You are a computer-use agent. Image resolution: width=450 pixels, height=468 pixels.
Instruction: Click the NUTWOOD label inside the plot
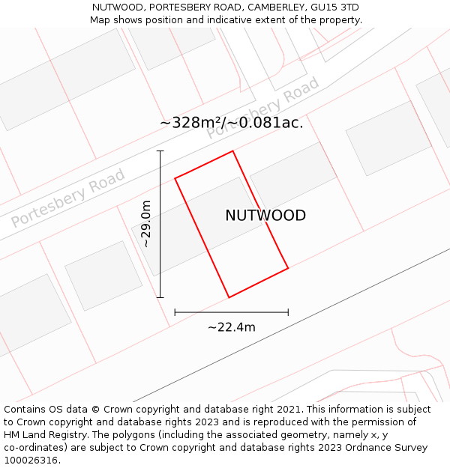[265, 216]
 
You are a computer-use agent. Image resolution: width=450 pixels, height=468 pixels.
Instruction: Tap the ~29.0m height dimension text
[146, 223]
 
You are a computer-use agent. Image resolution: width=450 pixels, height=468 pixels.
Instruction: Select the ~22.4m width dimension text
[231, 326]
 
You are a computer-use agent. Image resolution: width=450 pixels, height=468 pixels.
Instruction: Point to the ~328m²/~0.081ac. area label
[231, 123]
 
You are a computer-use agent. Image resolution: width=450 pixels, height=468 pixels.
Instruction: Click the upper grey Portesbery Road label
[263, 108]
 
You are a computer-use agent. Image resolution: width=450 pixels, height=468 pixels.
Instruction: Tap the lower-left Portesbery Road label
[68, 198]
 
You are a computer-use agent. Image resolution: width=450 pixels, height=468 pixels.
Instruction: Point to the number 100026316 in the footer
[30, 461]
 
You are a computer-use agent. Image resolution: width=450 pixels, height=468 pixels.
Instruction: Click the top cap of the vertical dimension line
[160, 151]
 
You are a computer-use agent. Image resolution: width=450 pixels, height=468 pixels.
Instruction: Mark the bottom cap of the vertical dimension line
[160, 297]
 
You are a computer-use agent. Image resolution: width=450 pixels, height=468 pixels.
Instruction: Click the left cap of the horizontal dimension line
[175, 312]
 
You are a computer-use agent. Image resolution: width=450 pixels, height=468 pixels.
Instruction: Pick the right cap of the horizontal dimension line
[288, 312]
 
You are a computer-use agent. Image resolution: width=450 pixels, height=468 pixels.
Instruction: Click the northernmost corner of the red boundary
[232, 151]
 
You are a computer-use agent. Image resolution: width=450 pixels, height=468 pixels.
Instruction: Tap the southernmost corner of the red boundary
[229, 297]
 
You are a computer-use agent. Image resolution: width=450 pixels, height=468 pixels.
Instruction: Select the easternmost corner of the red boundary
[288, 268]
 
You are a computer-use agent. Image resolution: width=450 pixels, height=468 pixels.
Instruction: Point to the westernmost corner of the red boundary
[175, 178]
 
